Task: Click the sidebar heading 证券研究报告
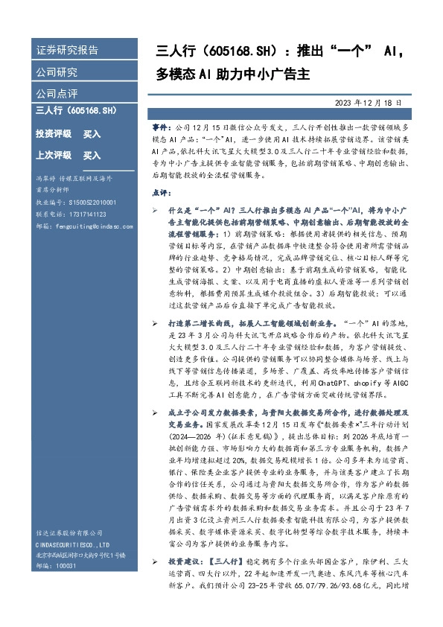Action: click(x=67, y=51)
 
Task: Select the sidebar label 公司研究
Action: click(x=57, y=72)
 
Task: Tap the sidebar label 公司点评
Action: click(x=57, y=95)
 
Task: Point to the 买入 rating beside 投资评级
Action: click(x=92, y=134)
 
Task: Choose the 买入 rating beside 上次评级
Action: click(x=92, y=156)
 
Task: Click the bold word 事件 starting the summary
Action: click(x=171, y=128)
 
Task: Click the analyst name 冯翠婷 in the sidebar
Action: click(x=45, y=179)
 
